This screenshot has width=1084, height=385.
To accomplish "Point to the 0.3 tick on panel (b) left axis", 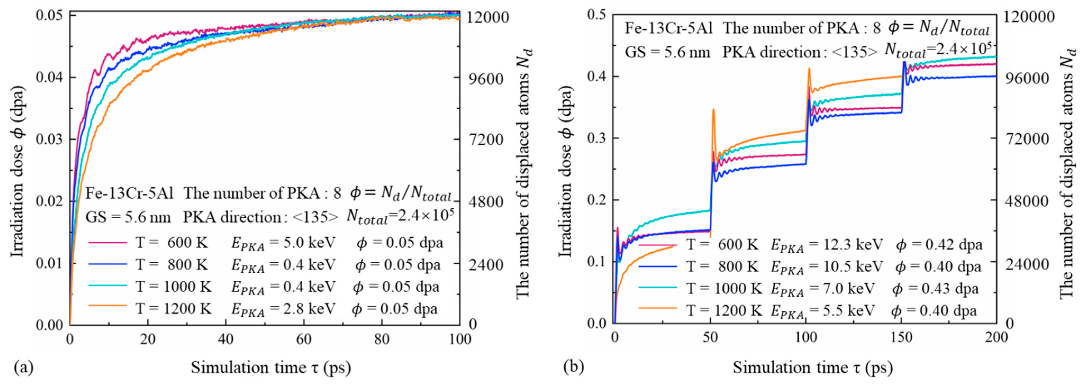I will point(596,138).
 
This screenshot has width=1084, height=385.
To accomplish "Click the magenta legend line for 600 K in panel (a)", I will point(107,242).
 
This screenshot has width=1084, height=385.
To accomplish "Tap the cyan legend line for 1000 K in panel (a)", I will point(107,286).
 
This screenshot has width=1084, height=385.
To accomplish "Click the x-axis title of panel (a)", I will point(271,368).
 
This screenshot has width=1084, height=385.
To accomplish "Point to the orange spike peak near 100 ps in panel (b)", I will point(809,68).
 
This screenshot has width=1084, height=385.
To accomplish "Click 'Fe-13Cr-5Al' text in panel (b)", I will point(668,28).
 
